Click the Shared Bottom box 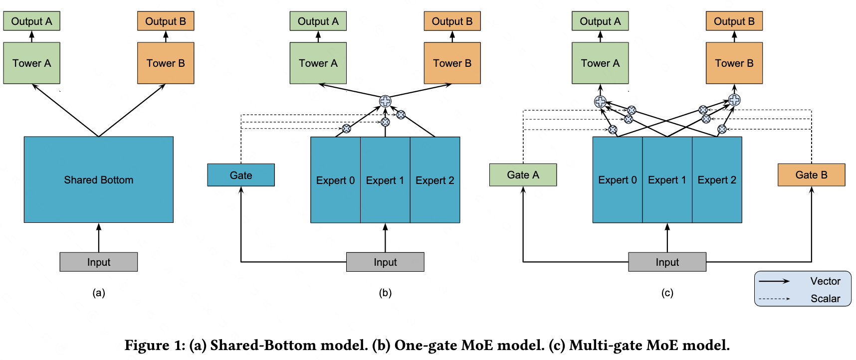(x=99, y=180)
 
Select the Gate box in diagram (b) (x=241, y=175)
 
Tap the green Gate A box (x=523, y=175)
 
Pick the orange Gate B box (x=812, y=175)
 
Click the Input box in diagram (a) (x=99, y=262)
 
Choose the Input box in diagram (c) (x=667, y=262)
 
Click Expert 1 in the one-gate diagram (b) (x=385, y=180)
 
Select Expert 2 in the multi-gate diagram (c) (x=717, y=180)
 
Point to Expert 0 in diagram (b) (x=335, y=180)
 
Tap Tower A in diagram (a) (x=32, y=63)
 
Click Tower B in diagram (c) (x=734, y=63)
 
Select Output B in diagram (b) (x=452, y=21)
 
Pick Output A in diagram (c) (x=600, y=21)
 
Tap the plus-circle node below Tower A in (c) (x=600, y=102)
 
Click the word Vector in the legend (x=826, y=281)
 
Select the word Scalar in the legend (x=826, y=299)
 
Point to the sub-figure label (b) (x=385, y=293)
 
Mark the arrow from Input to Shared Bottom (x=99, y=238)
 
